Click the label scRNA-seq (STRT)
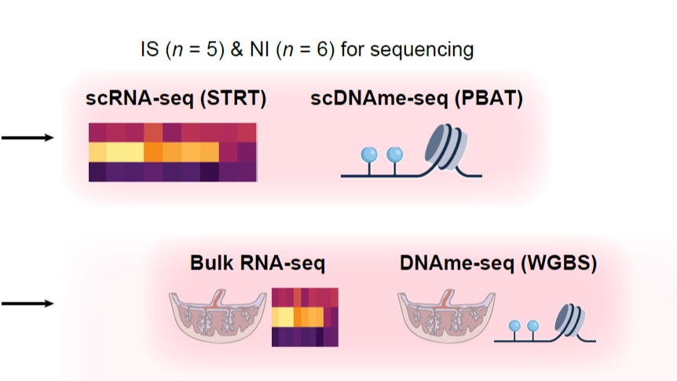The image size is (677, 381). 177,99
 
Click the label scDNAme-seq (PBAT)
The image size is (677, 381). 416,99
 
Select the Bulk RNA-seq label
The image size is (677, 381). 258,263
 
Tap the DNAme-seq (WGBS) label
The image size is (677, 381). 498,263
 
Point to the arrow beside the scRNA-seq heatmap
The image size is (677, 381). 27,138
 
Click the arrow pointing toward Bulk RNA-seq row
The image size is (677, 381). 27,303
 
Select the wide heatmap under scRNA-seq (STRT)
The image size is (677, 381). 172,152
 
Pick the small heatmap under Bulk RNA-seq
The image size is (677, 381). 305,316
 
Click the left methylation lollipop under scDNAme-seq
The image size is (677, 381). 368,156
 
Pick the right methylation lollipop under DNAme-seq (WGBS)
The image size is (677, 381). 533,326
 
